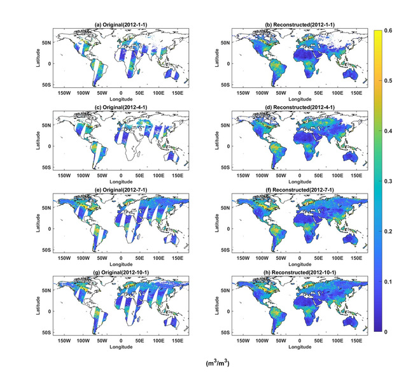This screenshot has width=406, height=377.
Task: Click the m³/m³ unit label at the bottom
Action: (214, 364)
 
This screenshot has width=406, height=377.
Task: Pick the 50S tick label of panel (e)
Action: (48, 250)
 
